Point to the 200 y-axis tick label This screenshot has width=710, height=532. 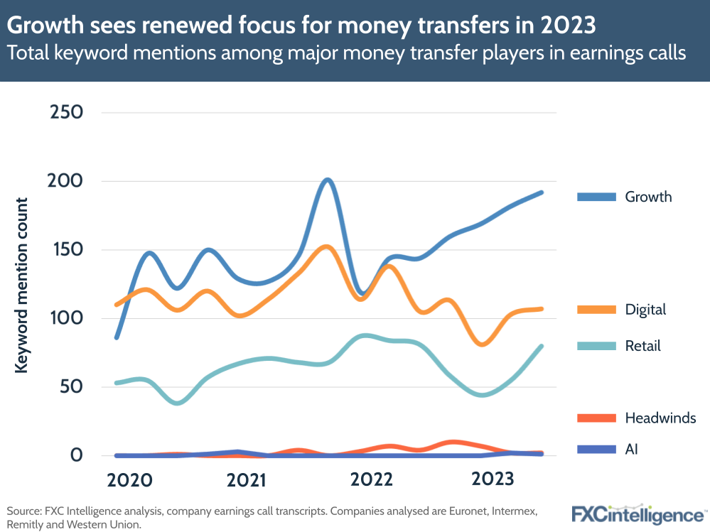[65, 181]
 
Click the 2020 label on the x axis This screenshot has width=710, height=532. [129, 481]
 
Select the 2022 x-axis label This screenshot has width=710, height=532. [371, 481]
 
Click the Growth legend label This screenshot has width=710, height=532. [648, 197]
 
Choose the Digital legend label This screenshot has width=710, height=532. [645, 310]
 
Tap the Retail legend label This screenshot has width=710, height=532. [642, 346]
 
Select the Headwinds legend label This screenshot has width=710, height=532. [660, 418]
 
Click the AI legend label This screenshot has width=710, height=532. [632, 450]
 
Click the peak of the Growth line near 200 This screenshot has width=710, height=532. [326, 180]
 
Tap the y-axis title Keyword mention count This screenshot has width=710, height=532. [22, 284]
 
